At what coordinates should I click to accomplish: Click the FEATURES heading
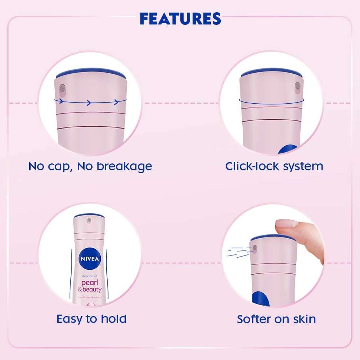[180, 18]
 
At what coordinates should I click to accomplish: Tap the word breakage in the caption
[124, 166]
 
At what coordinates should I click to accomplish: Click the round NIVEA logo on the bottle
[89, 258]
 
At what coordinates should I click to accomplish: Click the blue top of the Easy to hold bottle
[89, 216]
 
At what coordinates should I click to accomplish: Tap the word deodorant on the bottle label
[88, 276]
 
